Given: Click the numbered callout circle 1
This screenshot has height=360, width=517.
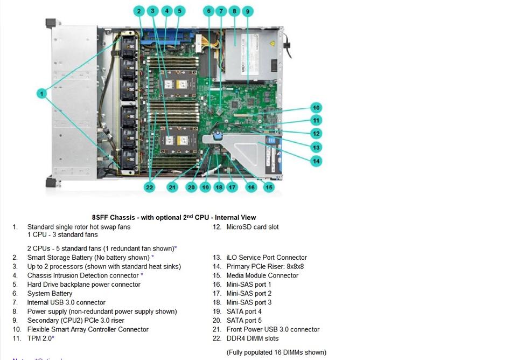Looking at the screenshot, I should click(42, 94).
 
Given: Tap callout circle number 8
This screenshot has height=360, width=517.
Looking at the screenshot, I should click(234, 11).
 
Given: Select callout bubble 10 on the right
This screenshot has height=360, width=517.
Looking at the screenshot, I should click(316, 108).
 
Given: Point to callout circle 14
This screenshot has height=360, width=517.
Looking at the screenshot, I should click(316, 161).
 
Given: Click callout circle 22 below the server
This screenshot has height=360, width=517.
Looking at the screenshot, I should click(150, 187).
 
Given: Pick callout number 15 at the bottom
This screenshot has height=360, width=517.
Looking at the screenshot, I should click(268, 187).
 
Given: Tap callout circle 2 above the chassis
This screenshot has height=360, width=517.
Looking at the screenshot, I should click(139, 11).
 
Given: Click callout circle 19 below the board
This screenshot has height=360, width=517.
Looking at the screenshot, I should click(205, 187).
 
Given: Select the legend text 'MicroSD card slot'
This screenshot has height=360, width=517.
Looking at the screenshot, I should click(252, 227).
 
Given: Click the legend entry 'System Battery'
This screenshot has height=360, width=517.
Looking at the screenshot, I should click(50, 294).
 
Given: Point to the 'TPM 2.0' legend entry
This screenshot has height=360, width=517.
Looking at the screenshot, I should click(40, 338).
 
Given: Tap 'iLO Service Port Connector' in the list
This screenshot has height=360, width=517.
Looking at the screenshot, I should click(266, 258).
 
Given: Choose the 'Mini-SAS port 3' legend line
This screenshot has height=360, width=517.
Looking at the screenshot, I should click(249, 302).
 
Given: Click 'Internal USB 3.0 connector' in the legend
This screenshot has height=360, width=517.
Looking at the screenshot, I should click(66, 302).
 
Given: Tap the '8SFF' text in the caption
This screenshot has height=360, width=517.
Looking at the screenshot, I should click(100, 218).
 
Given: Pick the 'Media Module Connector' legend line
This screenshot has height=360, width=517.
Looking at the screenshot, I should click(262, 275).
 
